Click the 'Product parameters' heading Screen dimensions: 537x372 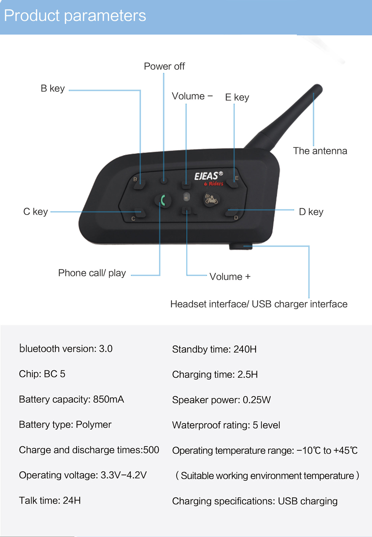[x=75, y=16]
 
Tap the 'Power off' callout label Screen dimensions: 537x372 [x=164, y=66]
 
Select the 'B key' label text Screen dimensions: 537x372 [x=52, y=89]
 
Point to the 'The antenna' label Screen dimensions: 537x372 [x=320, y=151]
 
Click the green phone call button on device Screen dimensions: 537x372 [x=163, y=200]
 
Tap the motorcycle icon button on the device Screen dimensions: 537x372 [x=211, y=199]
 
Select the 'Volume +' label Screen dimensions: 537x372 [x=230, y=277]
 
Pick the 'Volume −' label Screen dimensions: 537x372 [x=192, y=96]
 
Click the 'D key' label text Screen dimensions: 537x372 [x=311, y=212]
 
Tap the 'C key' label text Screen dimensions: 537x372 [x=35, y=212]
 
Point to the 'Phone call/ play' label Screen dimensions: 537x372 [x=92, y=273]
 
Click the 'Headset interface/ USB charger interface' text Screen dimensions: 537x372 [x=259, y=304]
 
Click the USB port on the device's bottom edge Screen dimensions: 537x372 [x=240, y=246]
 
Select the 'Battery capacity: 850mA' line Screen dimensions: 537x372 [x=71, y=399]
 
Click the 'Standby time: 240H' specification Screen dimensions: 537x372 [x=214, y=349]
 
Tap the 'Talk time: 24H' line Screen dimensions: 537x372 [x=50, y=501]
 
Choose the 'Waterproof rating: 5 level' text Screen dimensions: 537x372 [x=226, y=425]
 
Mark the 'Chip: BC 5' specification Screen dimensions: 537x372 [x=42, y=374]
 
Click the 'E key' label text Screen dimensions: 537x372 [x=237, y=97]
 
